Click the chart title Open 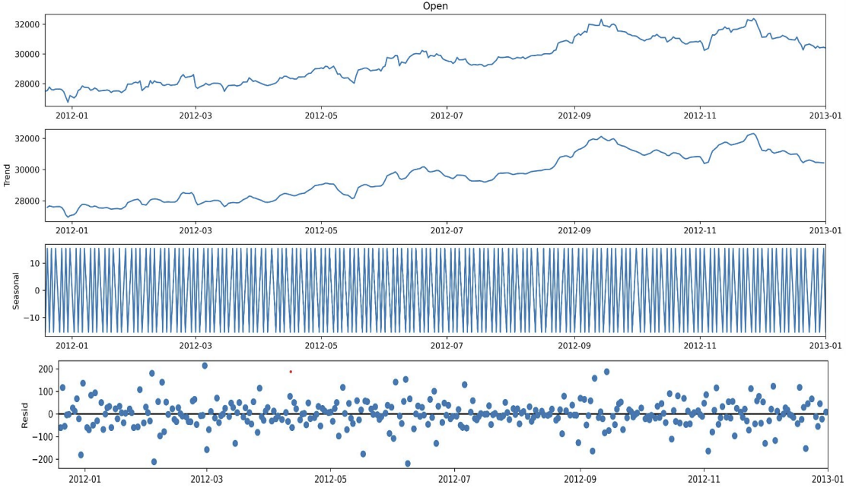pyautogui.click(x=435, y=6)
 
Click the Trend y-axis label pyautogui.click(x=8, y=176)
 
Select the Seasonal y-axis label pyautogui.click(x=16, y=290)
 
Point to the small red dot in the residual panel pyautogui.click(x=291, y=372)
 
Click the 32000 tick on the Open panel pyautogui.click(x=26, y=24)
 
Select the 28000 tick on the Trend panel pyautogui.click(x=26, y=201)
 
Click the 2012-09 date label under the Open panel pyautogui.click(x=574, y=116)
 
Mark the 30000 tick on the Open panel pyautogui.click(x=26, y=54)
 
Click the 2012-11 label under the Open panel pyautogui.click(x=700, y=116)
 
